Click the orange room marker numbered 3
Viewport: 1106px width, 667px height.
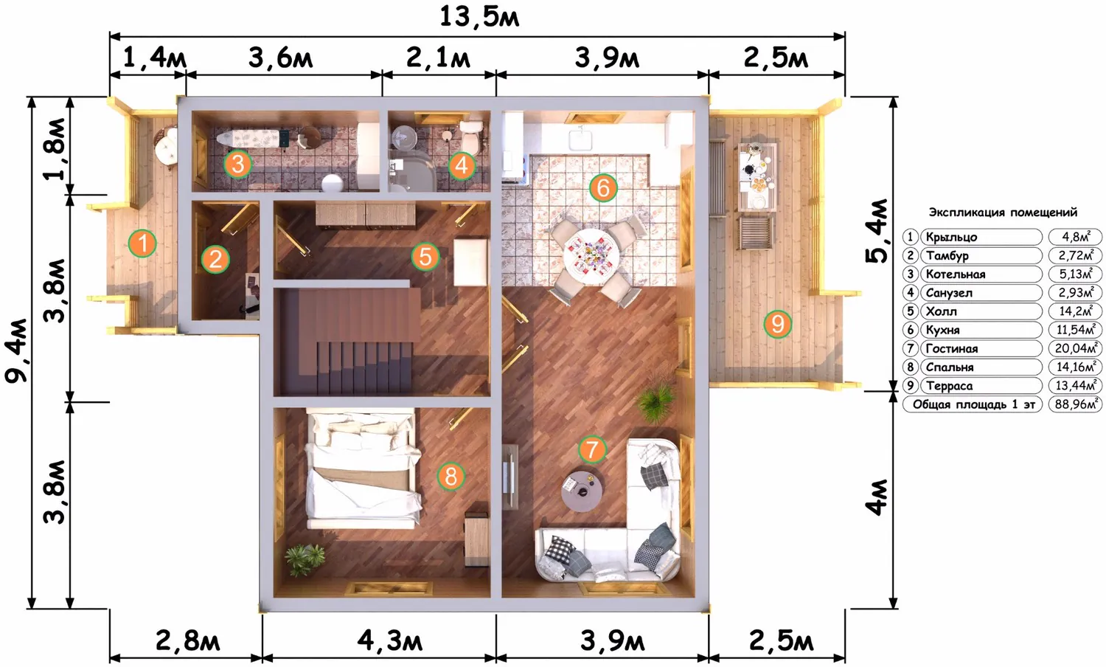(237, 164)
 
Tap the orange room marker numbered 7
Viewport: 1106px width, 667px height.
(592, 449)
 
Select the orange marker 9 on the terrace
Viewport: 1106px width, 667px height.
(777, 324)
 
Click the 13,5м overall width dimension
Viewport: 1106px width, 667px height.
(479, 17)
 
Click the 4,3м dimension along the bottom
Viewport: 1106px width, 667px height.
(389, 641)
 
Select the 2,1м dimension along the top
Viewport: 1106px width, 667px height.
(438, 58)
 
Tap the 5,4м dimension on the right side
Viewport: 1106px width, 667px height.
(876, 231)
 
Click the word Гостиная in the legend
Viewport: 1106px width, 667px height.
(951, 349)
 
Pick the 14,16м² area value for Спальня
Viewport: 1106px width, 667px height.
(1075, 367)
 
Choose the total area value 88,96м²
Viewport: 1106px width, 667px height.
(1075, 404)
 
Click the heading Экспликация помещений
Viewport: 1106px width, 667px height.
(1003, 212)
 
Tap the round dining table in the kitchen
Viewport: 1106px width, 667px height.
(591, 255)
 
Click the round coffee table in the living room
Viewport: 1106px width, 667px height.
(582, 491)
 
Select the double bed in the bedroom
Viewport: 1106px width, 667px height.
(363, 469)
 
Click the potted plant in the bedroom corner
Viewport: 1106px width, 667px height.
(304, 559)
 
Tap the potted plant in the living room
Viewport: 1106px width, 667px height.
(656, 403)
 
